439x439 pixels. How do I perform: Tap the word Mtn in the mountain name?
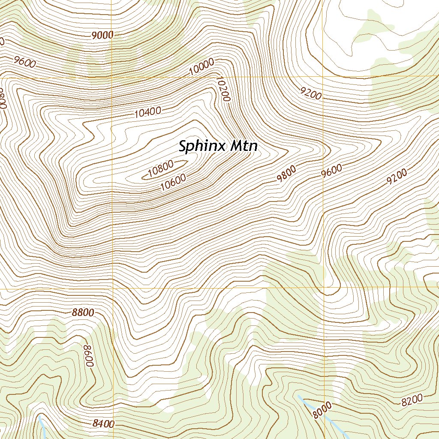click(x=244, y=146)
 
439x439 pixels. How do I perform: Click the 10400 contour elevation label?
click(x=147, y=113)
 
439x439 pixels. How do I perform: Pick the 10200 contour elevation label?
click(x=223, y=89)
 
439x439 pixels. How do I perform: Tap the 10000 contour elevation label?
click(x=201, y=67)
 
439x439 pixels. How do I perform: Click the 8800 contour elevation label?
click(x=83, y=313)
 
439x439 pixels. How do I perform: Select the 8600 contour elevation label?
click(x=88, y=355)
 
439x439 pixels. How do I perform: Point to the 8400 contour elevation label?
click(x=103, y=424)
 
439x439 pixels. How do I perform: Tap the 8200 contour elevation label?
click(x=412, y=400)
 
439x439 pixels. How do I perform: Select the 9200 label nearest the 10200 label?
click(x=311, y=93)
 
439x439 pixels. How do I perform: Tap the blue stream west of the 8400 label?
click(x=42, y=424)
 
